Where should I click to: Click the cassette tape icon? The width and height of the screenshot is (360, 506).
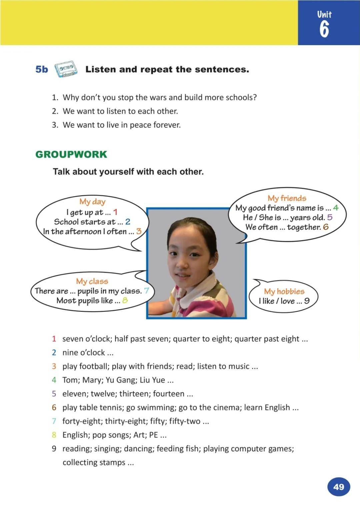[x=66, y=69]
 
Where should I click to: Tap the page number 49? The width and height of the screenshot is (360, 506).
[x=338, y=487]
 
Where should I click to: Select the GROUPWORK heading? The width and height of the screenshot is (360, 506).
[x=71, y=154]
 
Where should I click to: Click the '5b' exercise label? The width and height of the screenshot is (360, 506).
[x=42, y=69]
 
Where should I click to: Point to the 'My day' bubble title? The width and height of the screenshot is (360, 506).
[x=92, y=201]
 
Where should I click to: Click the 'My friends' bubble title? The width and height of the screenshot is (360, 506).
[x=287, y=198]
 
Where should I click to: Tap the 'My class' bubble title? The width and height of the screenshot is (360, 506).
[x=92, y=281]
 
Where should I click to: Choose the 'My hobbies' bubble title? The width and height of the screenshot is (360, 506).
[x=284, y=291]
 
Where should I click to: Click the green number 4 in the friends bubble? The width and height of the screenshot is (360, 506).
[x=335, y=207]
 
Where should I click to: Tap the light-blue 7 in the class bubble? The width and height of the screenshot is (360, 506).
[x=146, y=291]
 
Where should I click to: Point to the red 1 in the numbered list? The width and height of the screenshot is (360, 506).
[x=54, y=339]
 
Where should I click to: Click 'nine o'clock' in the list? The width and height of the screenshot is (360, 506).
[x=84, y=353]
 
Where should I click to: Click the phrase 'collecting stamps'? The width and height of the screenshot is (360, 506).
[x=94, y=462]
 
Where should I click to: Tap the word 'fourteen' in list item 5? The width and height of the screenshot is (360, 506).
[x=168, y=394]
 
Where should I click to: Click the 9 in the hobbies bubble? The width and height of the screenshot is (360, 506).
[x=307, y=301]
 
